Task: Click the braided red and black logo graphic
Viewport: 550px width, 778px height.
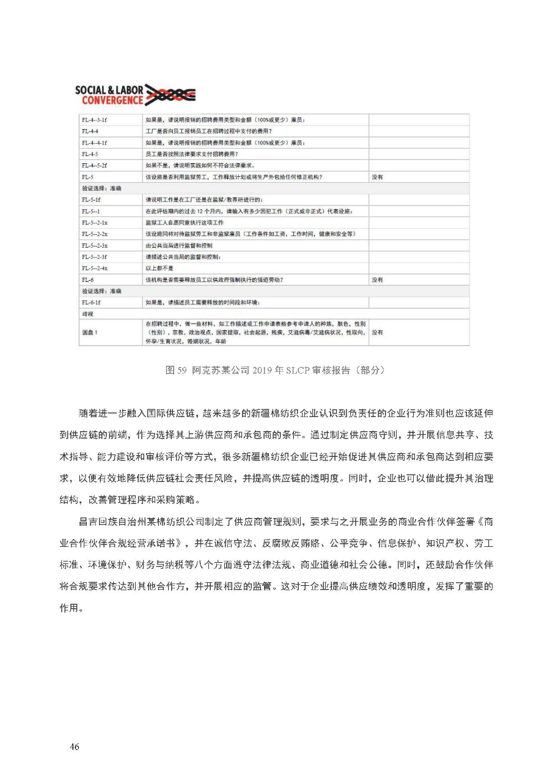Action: [171, 95]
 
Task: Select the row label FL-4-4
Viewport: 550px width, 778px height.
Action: [90, 131]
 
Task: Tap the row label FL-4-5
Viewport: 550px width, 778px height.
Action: [90, 154]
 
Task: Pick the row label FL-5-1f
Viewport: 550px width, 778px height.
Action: [91, 199]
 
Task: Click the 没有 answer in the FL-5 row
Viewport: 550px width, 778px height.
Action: [378, 177]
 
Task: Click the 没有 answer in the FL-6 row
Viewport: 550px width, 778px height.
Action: [378, 280]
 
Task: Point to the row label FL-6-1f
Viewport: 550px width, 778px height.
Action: [91, 303]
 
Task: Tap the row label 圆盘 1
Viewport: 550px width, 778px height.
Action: [90, 332]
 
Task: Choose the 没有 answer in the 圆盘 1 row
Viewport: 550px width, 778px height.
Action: [378, 332]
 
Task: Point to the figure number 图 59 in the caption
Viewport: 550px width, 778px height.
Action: [176, 370]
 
